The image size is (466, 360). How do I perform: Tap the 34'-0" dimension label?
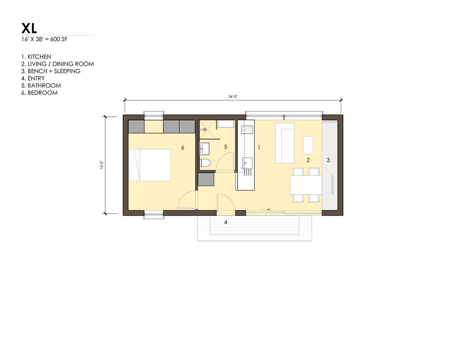pos(233,96)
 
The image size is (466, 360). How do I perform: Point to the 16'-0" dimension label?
pos(102,165)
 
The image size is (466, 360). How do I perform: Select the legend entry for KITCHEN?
pos(36,57)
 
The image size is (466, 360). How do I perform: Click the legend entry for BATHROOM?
pos(41,86)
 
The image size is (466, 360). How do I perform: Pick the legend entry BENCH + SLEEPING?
pos(51,71)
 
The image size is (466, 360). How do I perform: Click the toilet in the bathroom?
pos(205,163)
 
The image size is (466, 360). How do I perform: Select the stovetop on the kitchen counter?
pos(247,130)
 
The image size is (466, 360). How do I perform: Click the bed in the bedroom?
pos(149,165)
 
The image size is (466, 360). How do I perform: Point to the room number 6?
pos(182,147)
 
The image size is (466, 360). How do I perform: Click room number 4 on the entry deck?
pos(225,222)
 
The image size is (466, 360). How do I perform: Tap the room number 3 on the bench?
pos(328,160)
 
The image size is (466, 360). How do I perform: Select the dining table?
pos(306,185)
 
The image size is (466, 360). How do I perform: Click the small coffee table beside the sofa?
pos(308,145)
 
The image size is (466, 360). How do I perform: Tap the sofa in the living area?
pos(285,143)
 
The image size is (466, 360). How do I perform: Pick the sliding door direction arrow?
pos(266,209)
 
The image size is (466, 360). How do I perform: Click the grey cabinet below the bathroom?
pos(206,179)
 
